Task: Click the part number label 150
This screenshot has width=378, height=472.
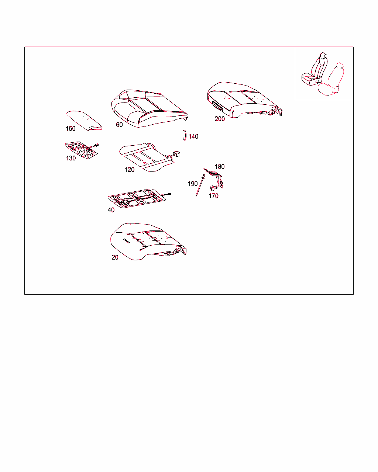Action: click(x=71, y=129)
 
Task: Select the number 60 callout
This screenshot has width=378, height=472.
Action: click(x=119, y=125)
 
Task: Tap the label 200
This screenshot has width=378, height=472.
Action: click(x=220, y=119)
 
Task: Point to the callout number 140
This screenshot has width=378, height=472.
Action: click(x=193, y=136)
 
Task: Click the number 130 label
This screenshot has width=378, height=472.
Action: click(x=71, y=158)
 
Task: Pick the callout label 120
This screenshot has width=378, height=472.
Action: click(x=129, y=170)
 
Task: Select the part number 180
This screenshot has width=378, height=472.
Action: click(x=220, y=166)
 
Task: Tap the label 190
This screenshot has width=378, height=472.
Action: click(x=193, y=184)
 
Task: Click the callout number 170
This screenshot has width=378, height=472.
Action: click(x=213, y=196)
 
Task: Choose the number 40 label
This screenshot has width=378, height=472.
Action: click(x=111, y=210)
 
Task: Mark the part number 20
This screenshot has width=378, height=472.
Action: click(x=115, y=257)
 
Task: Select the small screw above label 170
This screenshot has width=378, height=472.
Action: click(x=213, y=188)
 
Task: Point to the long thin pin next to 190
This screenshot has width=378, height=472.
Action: click(x=200, y=185)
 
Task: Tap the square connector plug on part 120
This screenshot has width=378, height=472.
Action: click(x=176, y=154)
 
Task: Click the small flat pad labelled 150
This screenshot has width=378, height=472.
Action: click(x=85, y=120)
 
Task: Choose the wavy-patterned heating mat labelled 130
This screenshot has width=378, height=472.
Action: click(x=81, y=150)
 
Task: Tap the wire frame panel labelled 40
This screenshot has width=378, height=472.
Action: click(x=137, y=198)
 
